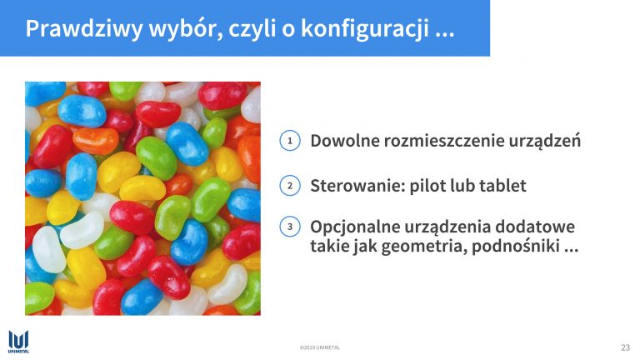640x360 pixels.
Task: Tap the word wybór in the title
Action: point(186,28)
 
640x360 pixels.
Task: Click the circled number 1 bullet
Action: point(290,141)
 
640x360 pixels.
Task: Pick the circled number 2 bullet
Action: point(290,186)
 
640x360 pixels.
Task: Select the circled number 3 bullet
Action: point(290,227)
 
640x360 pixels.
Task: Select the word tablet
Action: point(502,186)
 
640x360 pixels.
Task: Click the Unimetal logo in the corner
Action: point(19,342)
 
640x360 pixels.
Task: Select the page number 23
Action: point(625,347)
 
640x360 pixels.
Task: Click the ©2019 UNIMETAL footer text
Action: point(320,347)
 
